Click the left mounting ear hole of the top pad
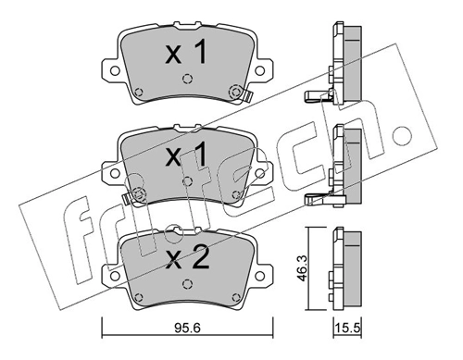112,70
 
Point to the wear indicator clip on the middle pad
137,194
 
